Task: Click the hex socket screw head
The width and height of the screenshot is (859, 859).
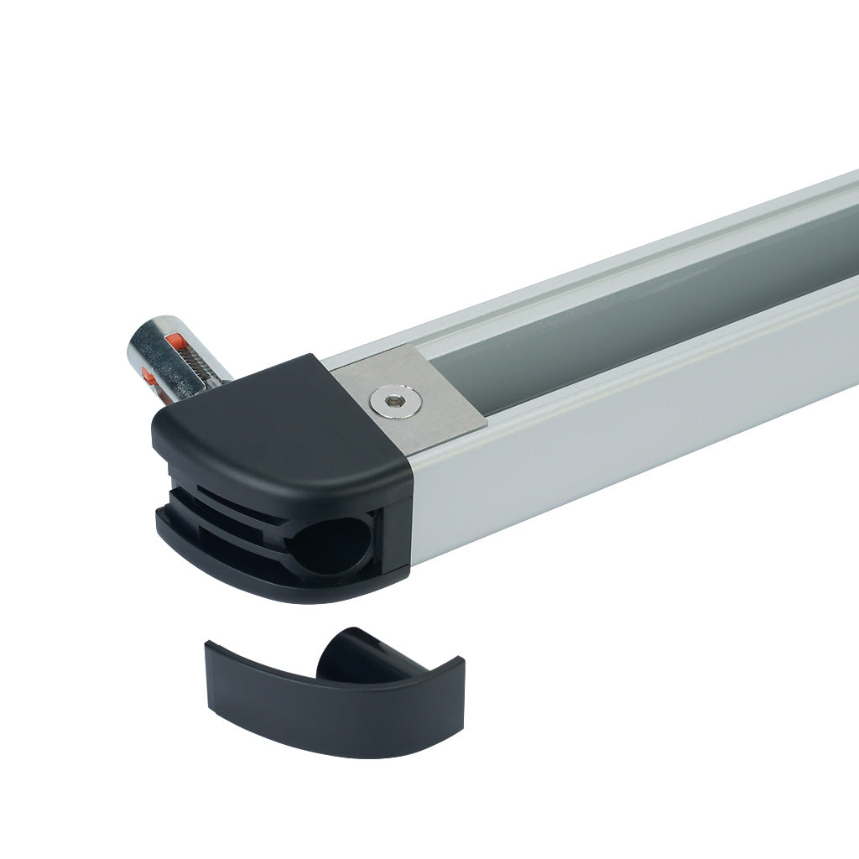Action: [x=387, y=402]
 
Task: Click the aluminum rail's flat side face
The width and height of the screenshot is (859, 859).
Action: [x=638, y=436]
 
